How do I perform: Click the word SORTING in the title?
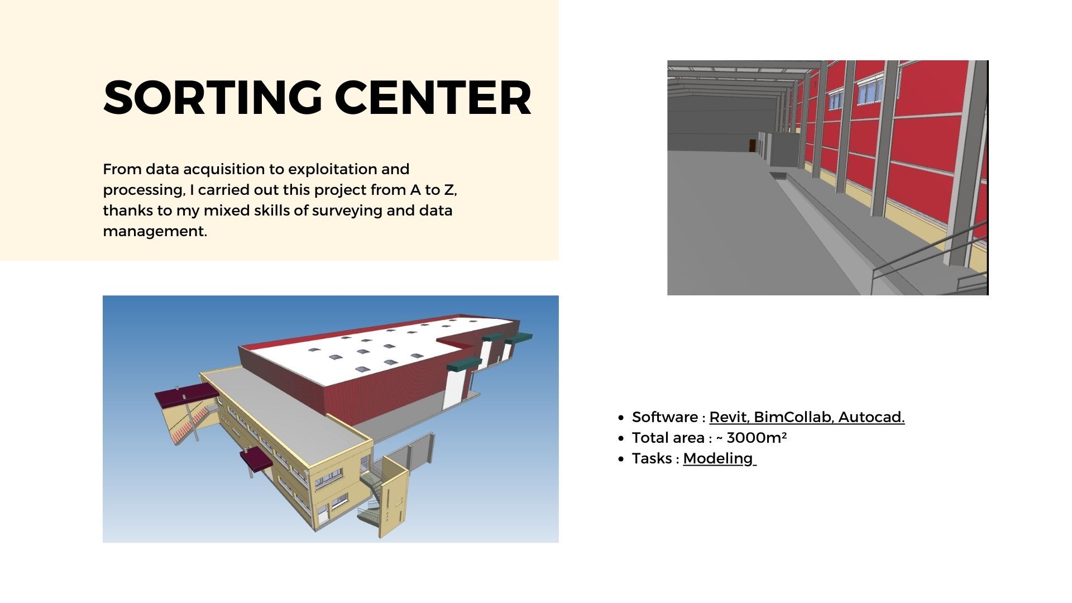coord(213,98)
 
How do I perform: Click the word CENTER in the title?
coord(433,98)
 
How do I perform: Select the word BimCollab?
coord(793,417)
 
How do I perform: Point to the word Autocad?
coord(872,417)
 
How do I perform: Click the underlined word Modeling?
coord(718,458)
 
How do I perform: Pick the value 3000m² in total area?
coord(757,437)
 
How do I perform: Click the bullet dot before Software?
coord(621,418)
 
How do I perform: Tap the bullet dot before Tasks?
coord(621,459)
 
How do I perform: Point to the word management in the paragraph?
coord(155,231)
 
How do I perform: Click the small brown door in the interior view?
coord(752,146)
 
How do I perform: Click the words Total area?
coord(668,438)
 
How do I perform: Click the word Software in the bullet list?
coord(665,417)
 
